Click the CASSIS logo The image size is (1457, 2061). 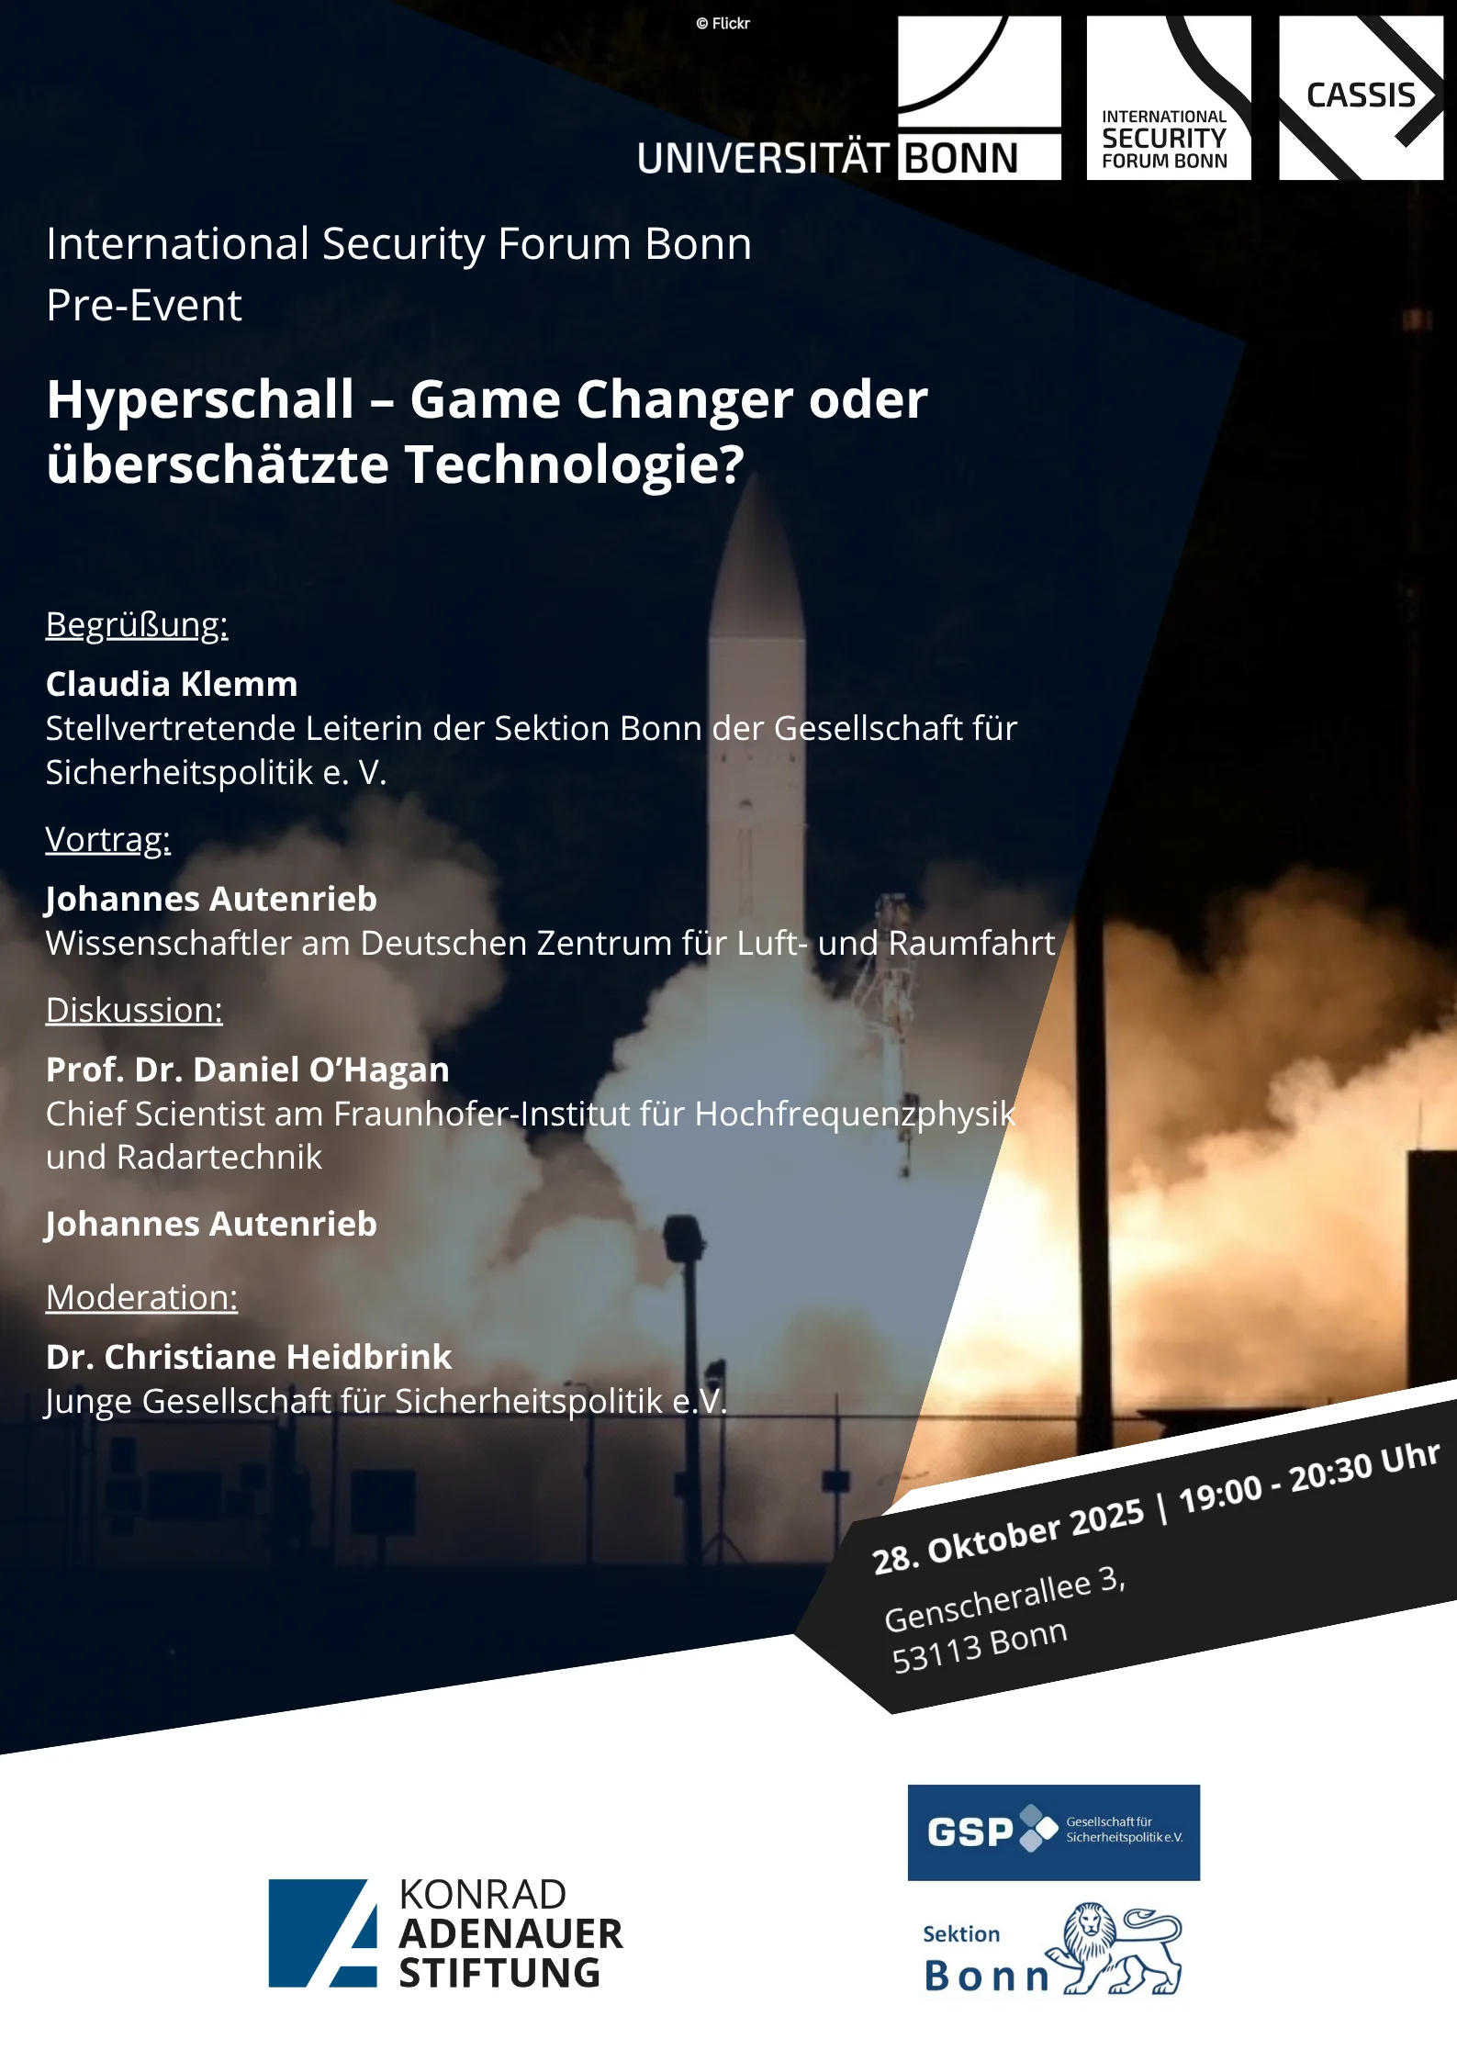click(1361, 97)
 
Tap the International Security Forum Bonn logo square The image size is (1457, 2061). click(1168, 97)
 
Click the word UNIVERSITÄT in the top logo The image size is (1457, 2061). click(763, 159)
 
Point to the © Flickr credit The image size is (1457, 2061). click(723, 24)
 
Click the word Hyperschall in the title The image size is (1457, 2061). click(200, 400)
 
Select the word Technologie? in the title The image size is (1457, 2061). click(575, 465)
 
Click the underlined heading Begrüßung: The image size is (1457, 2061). click(137, 625)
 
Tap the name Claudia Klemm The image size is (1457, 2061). click(172, 684)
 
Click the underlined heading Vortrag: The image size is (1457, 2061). click(108, 839)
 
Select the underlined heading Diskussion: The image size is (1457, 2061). click(134, 1010)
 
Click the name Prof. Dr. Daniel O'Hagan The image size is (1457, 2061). click(248, 1070)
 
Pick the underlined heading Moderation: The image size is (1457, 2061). click(142, 1297)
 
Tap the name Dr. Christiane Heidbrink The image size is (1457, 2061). click(249, 1357)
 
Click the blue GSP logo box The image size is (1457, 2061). click(1053, 1832)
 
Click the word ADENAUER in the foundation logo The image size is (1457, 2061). click(510, 1934)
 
